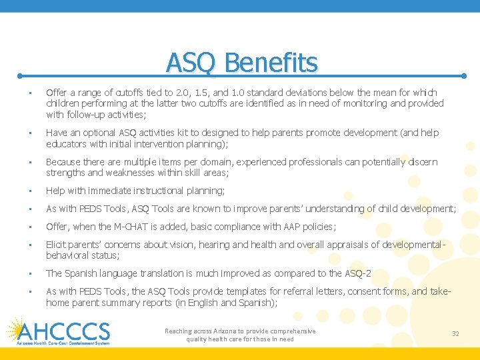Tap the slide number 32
455,333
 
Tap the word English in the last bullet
207,303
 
